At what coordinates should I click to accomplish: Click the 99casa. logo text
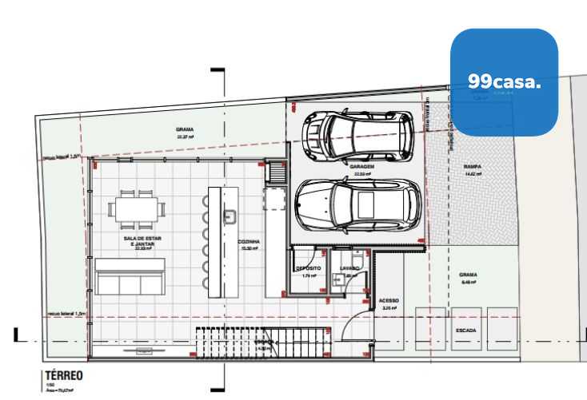pyautogui.click(x=504, y=81)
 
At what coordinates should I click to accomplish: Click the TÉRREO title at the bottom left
pyautogui.click(x=65, y=375)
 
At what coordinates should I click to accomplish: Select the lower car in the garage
pyautogui.click(x=357, y=204)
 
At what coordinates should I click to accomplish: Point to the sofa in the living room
pyautogui.click(x=130, y=276)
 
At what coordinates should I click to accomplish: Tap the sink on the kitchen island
pyautogui.click(x=229, y=216)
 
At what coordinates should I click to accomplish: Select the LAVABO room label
pyautogui.click(x=349, y=268)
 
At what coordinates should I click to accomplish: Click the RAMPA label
pyautogui.click(x=473, y=168)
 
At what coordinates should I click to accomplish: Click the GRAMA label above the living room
pyautogui.click(x=185, y=130)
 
